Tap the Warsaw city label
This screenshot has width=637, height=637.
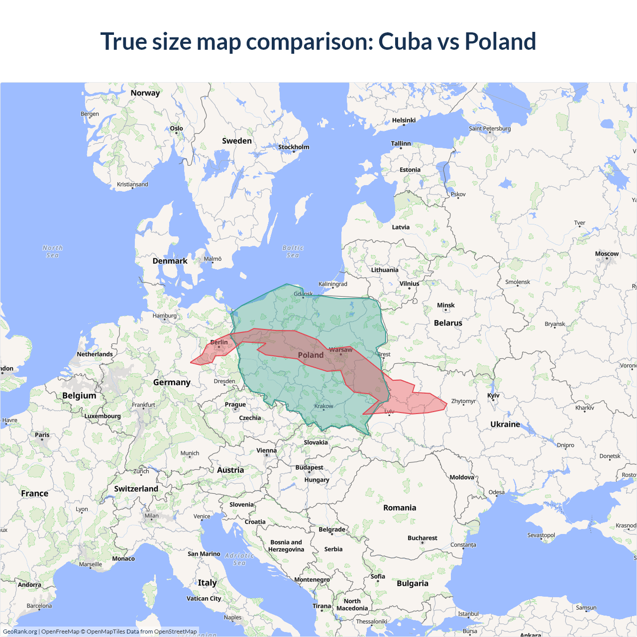340,350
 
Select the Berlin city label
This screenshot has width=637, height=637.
219,342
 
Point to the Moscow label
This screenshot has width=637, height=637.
607,254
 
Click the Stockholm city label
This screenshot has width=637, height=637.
294,147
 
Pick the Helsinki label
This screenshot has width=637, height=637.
404,120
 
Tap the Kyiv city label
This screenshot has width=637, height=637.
493,396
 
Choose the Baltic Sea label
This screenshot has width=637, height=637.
293,251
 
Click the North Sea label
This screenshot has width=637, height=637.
52,251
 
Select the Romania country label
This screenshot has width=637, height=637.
400,508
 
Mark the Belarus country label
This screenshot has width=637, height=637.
448,323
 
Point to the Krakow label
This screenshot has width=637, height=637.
323,406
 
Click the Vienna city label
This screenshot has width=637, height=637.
266,450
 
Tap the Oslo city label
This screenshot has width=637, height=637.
176,128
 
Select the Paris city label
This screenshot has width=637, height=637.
42,434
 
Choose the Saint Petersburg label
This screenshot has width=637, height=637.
490,128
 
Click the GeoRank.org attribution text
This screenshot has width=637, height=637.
20,632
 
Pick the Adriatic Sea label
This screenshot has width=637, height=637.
239,559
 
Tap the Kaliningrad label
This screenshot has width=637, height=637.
333,284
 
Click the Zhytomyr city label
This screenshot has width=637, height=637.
463,401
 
